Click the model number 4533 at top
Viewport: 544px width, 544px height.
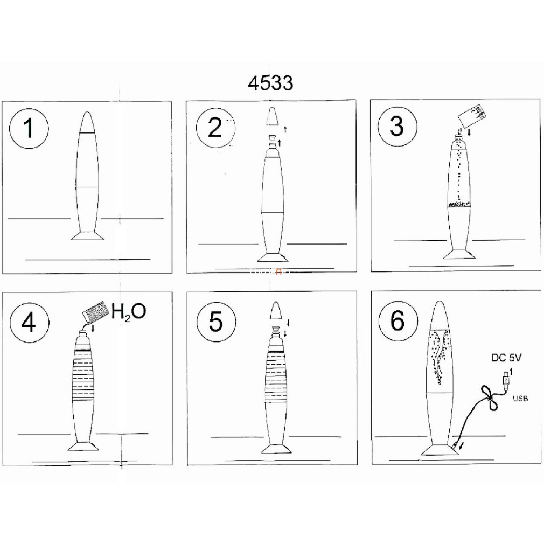[x=270, y=83]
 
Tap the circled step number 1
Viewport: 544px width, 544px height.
[x=29, y=129]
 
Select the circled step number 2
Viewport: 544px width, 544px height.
[x=215, y=128]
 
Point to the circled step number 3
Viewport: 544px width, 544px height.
[x=397, y=126]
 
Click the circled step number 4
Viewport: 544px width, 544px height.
[x=29, y=323]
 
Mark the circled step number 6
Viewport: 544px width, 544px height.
[x=398, y=320]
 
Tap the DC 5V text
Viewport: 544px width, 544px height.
[x=506, y=358]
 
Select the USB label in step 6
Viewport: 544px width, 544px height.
[x=520, y=399]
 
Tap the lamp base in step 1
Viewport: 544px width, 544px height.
[x=87, y=236]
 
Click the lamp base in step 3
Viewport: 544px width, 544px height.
[x=459, y=254]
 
